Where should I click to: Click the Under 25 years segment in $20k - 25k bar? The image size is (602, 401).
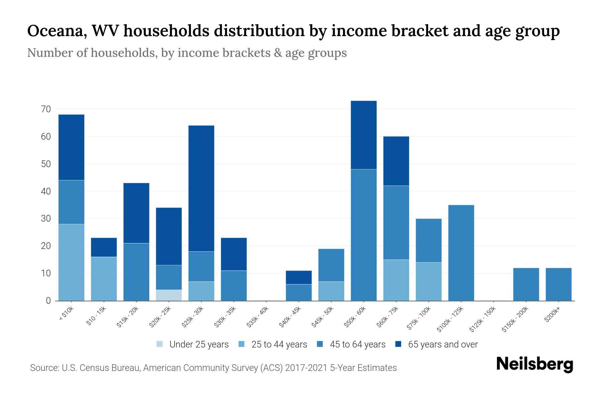coord(169,295)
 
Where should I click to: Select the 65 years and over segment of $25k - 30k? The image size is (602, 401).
coord(201,188)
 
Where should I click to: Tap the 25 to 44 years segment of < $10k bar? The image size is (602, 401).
coord(71,262)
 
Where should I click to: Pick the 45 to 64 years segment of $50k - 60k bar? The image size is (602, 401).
coord(364,235)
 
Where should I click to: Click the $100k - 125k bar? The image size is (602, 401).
coord(461,253)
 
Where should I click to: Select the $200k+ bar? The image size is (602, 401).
coord(559,284)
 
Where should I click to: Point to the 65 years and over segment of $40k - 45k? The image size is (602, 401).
coord(299,277)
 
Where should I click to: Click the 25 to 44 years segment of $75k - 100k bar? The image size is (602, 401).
coord(428,281)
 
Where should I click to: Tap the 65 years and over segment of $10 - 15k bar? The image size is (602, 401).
coord(104,247)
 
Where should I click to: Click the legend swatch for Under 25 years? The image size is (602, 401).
coord(160,344)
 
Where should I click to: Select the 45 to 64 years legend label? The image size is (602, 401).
coord(358,345)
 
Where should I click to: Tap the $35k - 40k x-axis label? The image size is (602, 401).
coord(258,317)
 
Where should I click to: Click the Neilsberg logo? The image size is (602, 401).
coord(534,364)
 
